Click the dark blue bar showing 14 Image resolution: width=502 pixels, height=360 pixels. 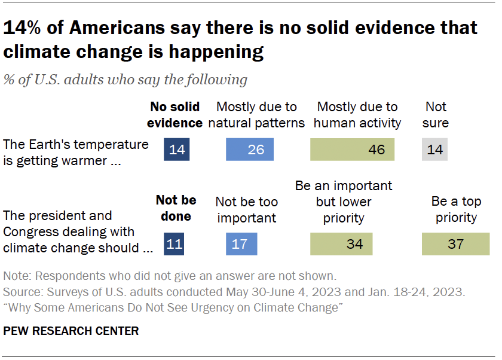tap(177, 150)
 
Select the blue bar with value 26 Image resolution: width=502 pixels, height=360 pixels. tap(250, 150)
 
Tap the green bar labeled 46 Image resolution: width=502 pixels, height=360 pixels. tap(352, 150)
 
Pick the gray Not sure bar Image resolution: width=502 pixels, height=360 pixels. tap(434, 150)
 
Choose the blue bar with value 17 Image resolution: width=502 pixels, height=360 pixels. tap(241, 244)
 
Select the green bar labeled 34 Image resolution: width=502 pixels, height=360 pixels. tap(341, 244)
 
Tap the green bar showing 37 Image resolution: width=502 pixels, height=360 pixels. tap(455, 244)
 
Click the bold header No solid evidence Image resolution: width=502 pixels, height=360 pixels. tap(175, 115)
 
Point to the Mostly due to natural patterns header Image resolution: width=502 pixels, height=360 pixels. tap(256, 115)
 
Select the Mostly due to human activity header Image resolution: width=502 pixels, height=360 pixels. tap(357, 115)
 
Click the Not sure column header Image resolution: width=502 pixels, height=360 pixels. tap(436, 115)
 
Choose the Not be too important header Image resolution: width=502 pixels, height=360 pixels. tap(246, 209)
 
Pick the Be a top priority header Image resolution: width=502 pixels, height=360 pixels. tap(456, 209)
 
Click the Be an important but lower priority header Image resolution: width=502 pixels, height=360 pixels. tap(344, 202)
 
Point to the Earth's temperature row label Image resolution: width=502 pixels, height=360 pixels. tap(75, 152)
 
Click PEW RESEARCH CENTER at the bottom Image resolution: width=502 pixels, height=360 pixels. tap(71, 331)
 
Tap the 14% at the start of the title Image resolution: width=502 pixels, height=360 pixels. tap(25, 28)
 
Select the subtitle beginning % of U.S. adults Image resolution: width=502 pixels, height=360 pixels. tap(125, 79)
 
